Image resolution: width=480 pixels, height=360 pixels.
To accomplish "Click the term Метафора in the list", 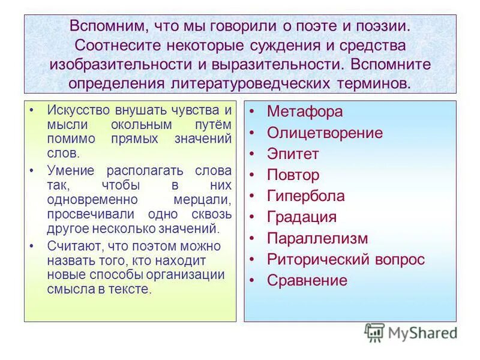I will pyautogui.click(x=304, y=112).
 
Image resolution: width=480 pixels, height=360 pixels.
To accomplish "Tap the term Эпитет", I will pyautogui.click(x=293, y=154).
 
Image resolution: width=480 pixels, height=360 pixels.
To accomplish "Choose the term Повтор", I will pyautogui.click(x=293, y=175).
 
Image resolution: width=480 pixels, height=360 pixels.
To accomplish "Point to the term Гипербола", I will pyautogui.click(x=305, y=196).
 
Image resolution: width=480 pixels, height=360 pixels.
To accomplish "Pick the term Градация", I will pyautogui.click(x=302, y=217).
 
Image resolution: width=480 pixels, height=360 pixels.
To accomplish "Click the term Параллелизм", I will pyautogui.click(x=317, y=238).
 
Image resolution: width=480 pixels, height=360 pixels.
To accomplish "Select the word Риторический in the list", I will pyautogui.click(x=314, y=259).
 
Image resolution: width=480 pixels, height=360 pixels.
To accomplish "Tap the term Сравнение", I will pyautogui.click(x=307, y=280).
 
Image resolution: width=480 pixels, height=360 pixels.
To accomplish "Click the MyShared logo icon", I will pyautogui.click(x=375, y=332).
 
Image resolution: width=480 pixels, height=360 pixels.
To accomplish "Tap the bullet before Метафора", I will pyautogui.click(x=254, y=112).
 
